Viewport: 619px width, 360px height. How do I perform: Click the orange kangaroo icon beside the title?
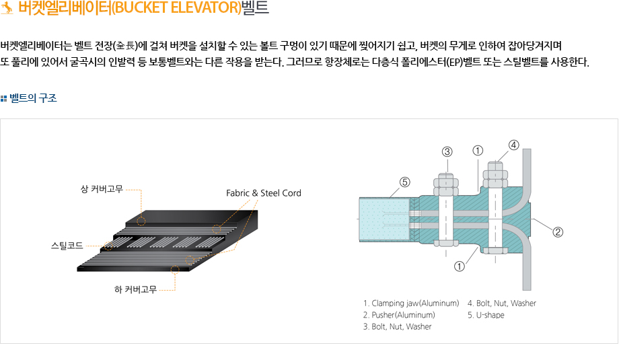[x=7, y=8]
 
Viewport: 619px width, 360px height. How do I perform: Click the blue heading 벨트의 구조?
[x=33, y=98]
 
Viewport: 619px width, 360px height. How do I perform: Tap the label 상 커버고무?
[x=102, y=189]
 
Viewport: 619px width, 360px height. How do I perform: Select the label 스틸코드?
[x=67, y=246]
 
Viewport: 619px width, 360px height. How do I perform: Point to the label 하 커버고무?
[x=135, y=290]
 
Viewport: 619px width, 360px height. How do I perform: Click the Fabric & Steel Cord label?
[x=263, y=193]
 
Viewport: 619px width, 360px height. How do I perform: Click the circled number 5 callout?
[x=404, y=182]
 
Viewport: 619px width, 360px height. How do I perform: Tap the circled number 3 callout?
[x=447, y=151]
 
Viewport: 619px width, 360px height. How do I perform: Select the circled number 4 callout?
[x=513, y=145]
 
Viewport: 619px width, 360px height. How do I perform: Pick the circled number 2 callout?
[x=558, y=231]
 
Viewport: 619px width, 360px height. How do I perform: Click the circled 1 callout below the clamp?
[x=459, y=266]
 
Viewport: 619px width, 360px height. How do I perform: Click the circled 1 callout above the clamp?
[x=478, y=151]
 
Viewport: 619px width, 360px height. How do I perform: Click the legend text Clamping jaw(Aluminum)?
[x=415, y=303]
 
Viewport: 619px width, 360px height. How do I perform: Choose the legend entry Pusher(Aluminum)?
[x=403, y=315]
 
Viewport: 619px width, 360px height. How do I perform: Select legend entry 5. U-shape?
[x=486, y=315]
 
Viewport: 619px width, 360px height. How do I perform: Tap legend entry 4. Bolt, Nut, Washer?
[x=502, y=303]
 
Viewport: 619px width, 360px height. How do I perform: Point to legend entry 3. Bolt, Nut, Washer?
[x=397, y=326]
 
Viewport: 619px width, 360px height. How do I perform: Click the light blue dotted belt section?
[x=384, y=219]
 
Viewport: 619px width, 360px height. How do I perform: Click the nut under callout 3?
[x=446, y=186]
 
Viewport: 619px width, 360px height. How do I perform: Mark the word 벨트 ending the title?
[x=255, y=8]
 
